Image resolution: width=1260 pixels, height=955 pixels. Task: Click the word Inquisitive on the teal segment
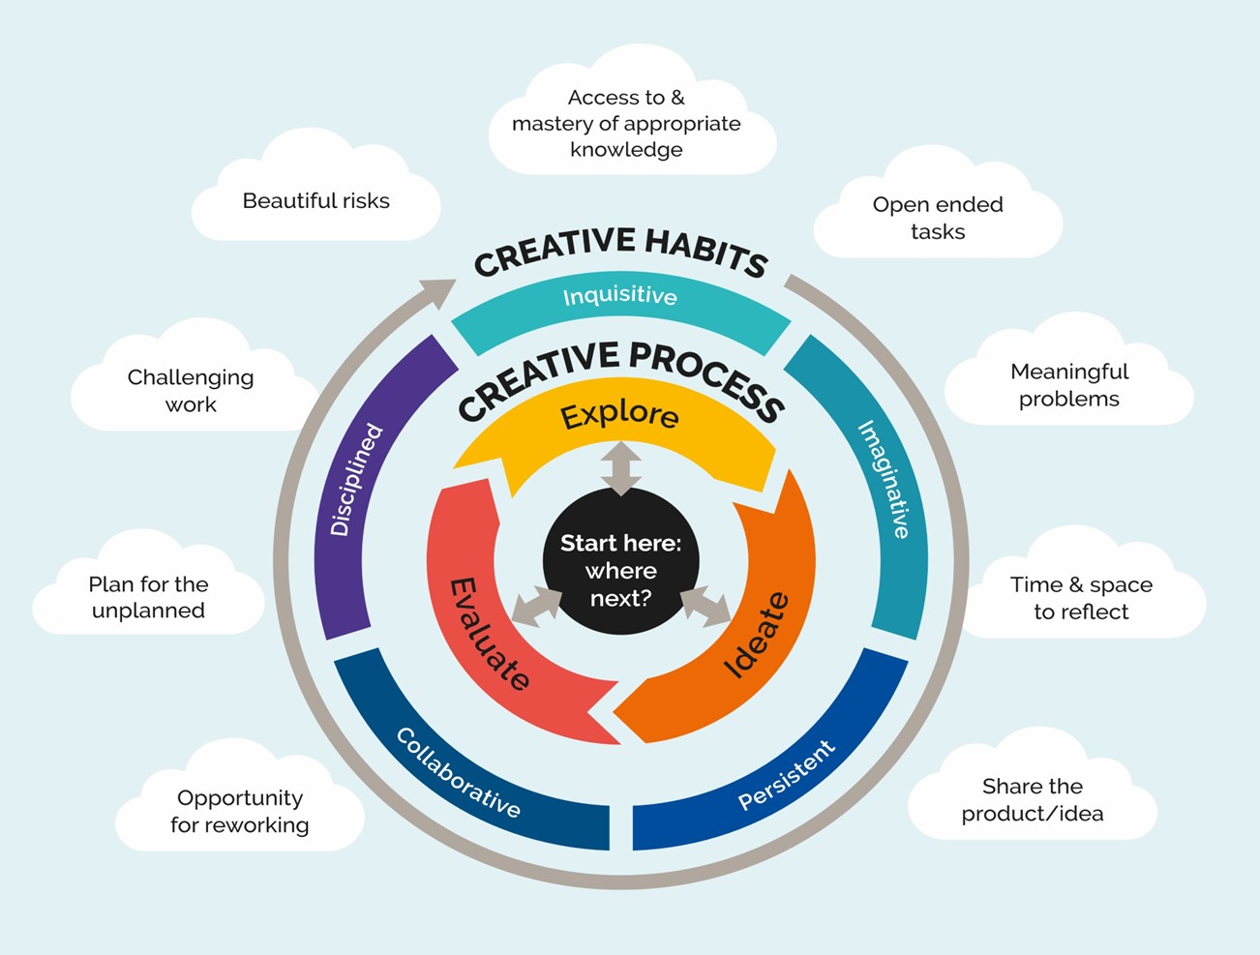point(619,295)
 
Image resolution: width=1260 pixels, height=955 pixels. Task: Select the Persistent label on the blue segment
point(786,774)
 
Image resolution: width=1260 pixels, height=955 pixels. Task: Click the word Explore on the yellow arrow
point(619,414)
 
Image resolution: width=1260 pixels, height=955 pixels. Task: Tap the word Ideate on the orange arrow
point(757,635)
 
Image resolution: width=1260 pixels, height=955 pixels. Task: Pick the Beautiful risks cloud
point(316,201)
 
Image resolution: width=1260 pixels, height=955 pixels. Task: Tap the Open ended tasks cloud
point(937,218)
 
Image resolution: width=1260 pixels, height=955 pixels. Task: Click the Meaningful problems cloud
point(1068,385)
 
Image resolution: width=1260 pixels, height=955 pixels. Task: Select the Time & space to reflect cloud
point(1081,598)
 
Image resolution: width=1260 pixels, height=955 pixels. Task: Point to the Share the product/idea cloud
point(1032,799)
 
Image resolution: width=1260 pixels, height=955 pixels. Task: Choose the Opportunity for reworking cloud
point(240,811)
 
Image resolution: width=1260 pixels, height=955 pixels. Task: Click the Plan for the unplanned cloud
point(148,597)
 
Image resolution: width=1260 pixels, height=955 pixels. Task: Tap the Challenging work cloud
point(191,390)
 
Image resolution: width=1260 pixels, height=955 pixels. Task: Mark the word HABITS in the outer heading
point(705,251)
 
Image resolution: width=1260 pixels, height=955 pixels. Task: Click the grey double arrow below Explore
point(620,468)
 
